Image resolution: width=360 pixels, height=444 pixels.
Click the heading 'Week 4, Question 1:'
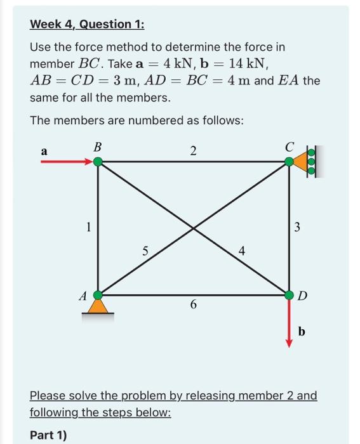point(88,24)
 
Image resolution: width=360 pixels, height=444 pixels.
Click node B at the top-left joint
point(98,162)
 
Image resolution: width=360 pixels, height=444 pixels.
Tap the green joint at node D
point(290,295)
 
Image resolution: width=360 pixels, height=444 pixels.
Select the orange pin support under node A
point(98,307)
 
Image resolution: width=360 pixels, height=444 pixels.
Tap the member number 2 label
point(193,150)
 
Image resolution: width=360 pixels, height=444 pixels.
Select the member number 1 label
point(90,226)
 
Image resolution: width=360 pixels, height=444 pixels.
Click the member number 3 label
point(297,226)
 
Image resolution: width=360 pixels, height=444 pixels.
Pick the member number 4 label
point(241,251)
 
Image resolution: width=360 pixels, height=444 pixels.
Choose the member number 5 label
point(145,251)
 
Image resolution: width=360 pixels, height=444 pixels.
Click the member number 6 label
point(193,305)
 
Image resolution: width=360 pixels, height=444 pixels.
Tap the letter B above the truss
point(97,147)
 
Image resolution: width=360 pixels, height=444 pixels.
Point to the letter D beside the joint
point(303,296)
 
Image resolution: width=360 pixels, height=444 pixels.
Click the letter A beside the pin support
point(82,295)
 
